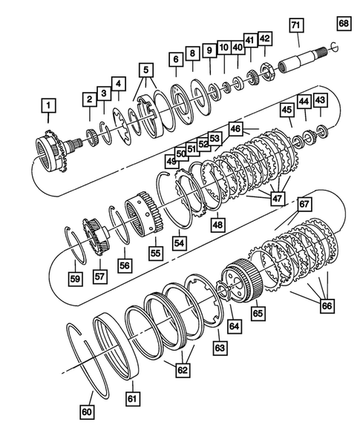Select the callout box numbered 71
tap(295, 25)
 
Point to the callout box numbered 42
tap(265, 39)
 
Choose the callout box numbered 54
tap(180, 242)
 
